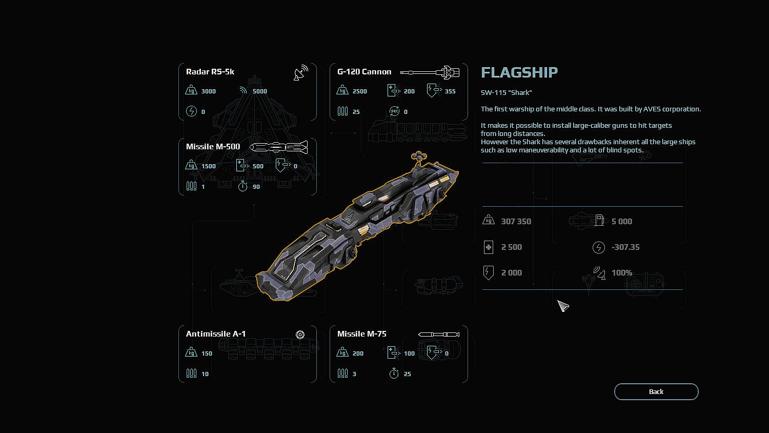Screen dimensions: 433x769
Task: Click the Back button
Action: click(656, 391)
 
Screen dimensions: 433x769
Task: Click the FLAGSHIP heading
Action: click(519, 72)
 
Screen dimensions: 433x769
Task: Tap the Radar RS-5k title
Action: click(210, 72)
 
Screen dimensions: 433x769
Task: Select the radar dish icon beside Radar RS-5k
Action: click(301, 73)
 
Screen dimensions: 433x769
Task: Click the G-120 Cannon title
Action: click(364, 72)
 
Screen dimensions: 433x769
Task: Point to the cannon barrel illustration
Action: click(430, 72)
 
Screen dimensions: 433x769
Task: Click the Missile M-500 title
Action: click(213, 147)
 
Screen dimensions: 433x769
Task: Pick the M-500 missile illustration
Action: click(278, 147)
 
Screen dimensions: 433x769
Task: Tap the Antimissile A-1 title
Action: click(216, 334)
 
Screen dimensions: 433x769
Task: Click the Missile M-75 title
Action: click(362, 334)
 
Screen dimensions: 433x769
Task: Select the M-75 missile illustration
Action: click(439, 334)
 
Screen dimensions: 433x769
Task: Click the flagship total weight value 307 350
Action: click(516, 222)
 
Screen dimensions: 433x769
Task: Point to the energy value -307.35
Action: click(625, 247)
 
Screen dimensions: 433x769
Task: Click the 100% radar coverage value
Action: click(622, 273)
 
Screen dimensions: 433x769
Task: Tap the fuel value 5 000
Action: click(622, 222)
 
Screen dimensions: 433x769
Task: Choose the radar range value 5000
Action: click(260, 91)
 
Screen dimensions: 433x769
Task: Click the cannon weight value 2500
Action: click(359, 91)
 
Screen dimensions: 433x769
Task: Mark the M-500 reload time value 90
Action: click(256, 187)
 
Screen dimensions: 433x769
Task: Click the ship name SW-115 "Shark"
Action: click(506, 93)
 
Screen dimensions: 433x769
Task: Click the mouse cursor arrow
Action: click(563, 306)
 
